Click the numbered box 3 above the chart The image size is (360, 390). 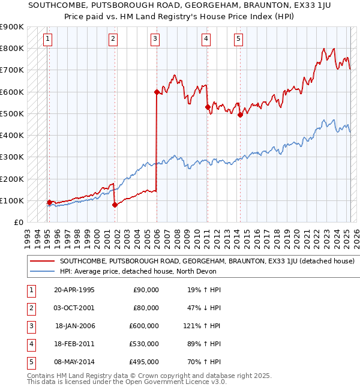click(155, 40)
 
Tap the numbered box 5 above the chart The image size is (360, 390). click(238, 40)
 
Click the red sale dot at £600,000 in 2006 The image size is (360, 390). click(157, 92)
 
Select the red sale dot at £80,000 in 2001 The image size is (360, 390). click(114, 205)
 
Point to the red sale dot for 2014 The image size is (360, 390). click(240, 115)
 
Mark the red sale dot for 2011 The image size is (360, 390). click(208, 107)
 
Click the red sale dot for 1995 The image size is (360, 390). click(49, 202)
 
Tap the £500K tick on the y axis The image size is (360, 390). click(12, 113)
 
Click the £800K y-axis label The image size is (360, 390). click(12, 48)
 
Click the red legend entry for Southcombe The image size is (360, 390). click(207, 261)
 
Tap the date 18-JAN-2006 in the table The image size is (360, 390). click(75, 326)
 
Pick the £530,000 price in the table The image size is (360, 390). click(145, 344)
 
